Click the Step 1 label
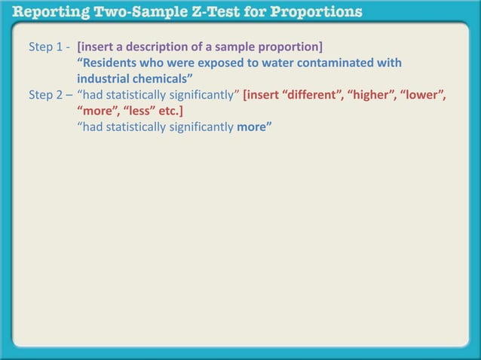pos(46,47)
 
